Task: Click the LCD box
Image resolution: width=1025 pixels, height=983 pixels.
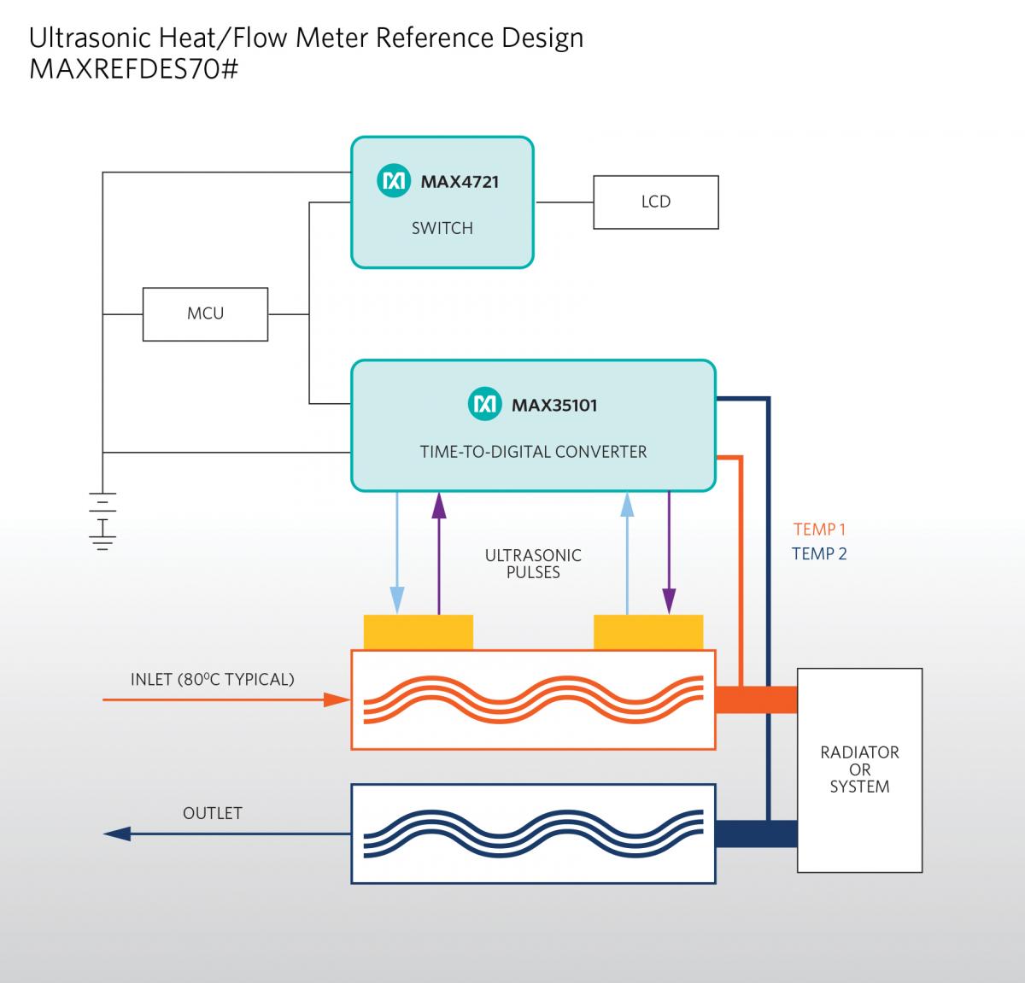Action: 656,202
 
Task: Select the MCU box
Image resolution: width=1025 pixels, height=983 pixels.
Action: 205,314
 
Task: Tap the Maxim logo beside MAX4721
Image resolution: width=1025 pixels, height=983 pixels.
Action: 394,180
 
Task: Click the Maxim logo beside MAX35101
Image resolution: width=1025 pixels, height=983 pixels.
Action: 484,404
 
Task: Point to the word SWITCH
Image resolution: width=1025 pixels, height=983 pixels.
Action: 442,228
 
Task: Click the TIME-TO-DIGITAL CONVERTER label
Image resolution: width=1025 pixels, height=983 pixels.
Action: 533,452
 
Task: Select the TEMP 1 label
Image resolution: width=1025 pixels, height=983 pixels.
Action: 820,530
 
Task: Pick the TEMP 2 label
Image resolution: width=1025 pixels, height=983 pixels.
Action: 819,553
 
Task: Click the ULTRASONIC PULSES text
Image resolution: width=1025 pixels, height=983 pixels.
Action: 533,564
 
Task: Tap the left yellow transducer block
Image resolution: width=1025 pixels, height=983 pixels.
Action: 419,632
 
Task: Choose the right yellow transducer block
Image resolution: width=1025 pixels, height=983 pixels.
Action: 648,632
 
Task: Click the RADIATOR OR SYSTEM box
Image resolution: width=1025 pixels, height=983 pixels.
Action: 859,770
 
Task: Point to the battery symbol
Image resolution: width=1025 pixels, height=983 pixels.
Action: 102,521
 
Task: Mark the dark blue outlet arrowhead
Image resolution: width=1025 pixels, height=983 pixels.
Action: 117,834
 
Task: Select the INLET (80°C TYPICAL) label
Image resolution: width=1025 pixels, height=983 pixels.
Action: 213,679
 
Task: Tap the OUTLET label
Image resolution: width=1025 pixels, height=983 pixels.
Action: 213,813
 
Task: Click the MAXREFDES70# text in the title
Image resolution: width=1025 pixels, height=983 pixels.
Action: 134,69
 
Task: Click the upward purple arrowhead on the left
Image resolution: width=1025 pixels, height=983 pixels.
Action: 439,505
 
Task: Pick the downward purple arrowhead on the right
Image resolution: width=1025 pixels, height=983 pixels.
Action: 669,600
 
